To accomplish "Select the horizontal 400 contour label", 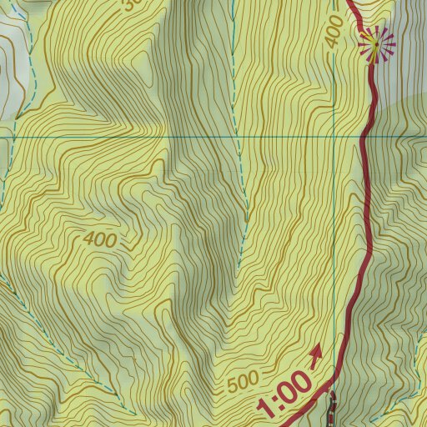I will (x=100, y=239).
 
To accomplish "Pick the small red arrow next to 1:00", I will (x=316, y=357).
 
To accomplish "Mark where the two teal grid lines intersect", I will (x=334, y=135).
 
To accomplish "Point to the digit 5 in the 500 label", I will (x=233, y=388).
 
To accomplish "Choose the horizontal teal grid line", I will (x=167, y=135).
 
